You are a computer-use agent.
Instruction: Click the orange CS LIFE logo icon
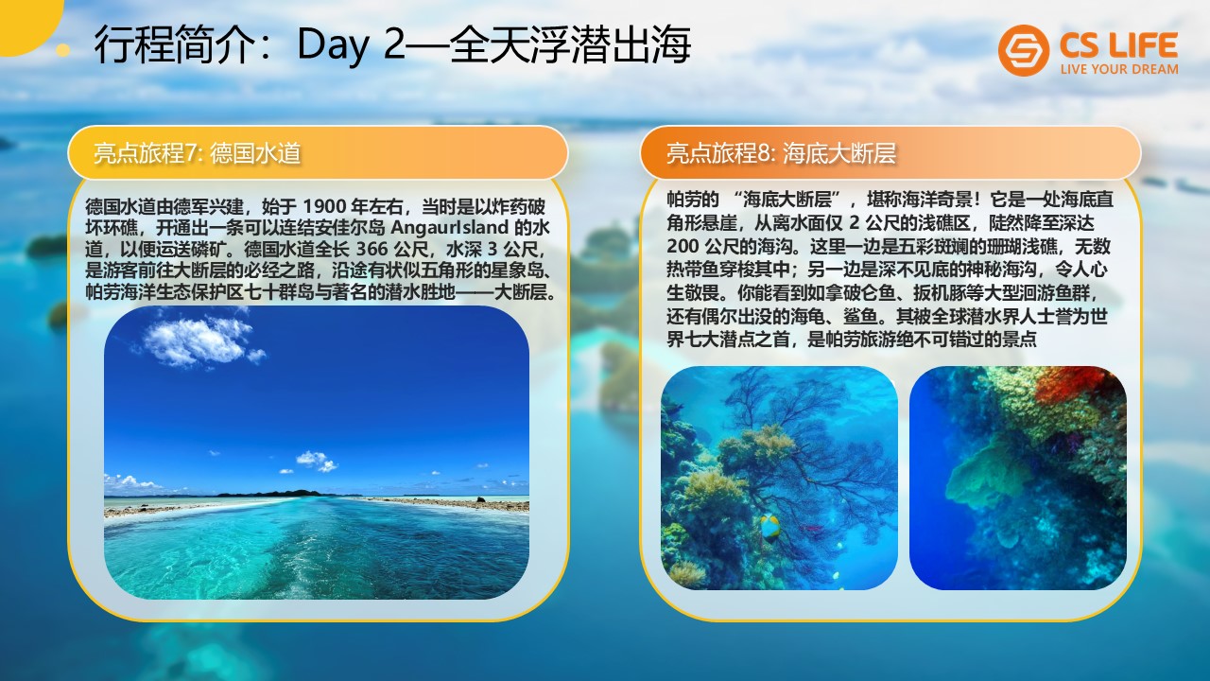click(1023, 50)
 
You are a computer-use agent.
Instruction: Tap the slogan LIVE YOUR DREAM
click(1119, 69)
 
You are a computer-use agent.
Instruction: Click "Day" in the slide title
click(332, 45)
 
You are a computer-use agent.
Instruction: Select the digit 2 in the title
click(394, 44)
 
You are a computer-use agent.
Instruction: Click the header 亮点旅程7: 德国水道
click(198, 153)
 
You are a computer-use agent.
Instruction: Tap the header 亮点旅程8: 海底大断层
click(781, 153)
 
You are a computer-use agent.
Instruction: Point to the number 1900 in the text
click(324, 206)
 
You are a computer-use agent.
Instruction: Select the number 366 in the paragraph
click(372, 249)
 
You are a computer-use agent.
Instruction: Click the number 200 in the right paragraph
click(683, 246)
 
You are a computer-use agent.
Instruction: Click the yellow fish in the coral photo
click(769, 527)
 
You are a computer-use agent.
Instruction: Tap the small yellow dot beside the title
click(63, 50)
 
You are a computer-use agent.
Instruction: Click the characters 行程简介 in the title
click(175, 45)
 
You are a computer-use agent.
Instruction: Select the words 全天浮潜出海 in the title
click(569, 45)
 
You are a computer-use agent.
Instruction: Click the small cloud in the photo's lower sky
click(317, 461)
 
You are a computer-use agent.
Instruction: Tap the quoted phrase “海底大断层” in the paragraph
click(787, 200)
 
